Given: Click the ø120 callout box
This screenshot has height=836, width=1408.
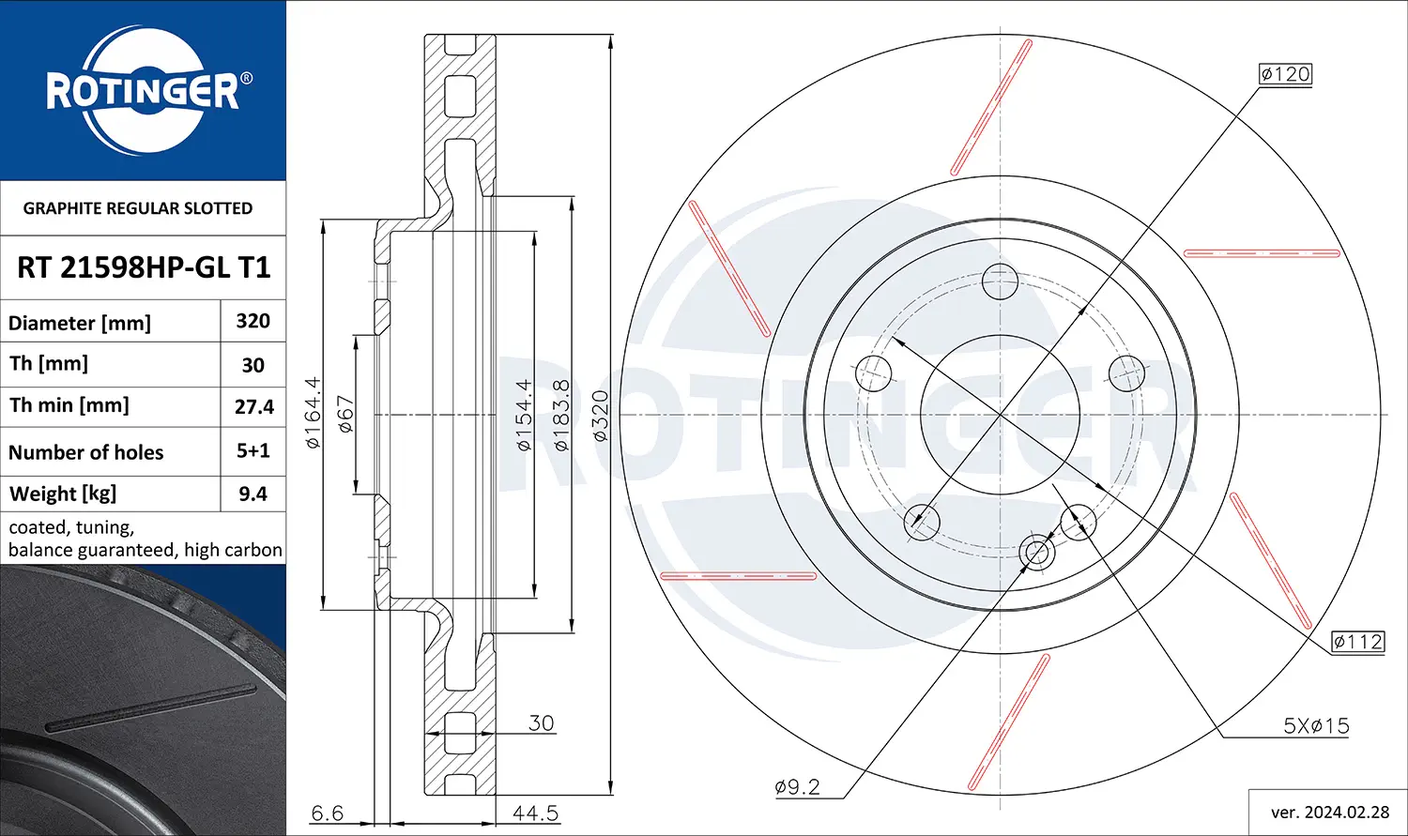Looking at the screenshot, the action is pos(1285,74).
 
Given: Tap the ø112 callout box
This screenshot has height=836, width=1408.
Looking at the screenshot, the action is pos(1357,641).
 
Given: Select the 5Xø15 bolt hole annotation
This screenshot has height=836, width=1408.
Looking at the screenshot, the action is pos(1316,725).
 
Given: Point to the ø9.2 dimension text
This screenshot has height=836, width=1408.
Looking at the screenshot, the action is pos(798,786).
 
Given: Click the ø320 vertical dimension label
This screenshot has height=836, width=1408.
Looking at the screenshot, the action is pos(601,415).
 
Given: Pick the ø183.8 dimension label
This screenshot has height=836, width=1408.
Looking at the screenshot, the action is pos(561,415).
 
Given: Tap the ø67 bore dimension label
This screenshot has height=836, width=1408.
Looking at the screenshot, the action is pos(345,414).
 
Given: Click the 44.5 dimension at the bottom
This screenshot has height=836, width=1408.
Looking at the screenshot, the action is pos(536,813).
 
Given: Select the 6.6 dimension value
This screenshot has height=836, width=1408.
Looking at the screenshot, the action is pos(328,813).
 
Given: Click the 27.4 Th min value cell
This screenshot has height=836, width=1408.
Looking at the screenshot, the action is pos(254,406).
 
